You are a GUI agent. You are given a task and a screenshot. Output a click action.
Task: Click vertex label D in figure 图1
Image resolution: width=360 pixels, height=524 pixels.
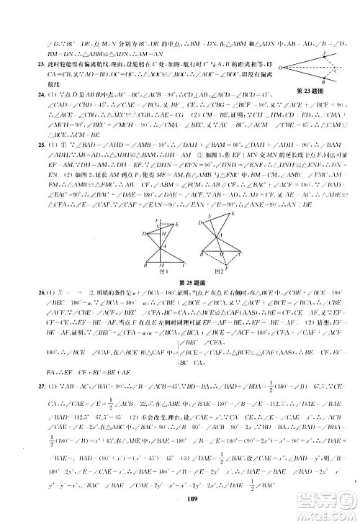[144, 233]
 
